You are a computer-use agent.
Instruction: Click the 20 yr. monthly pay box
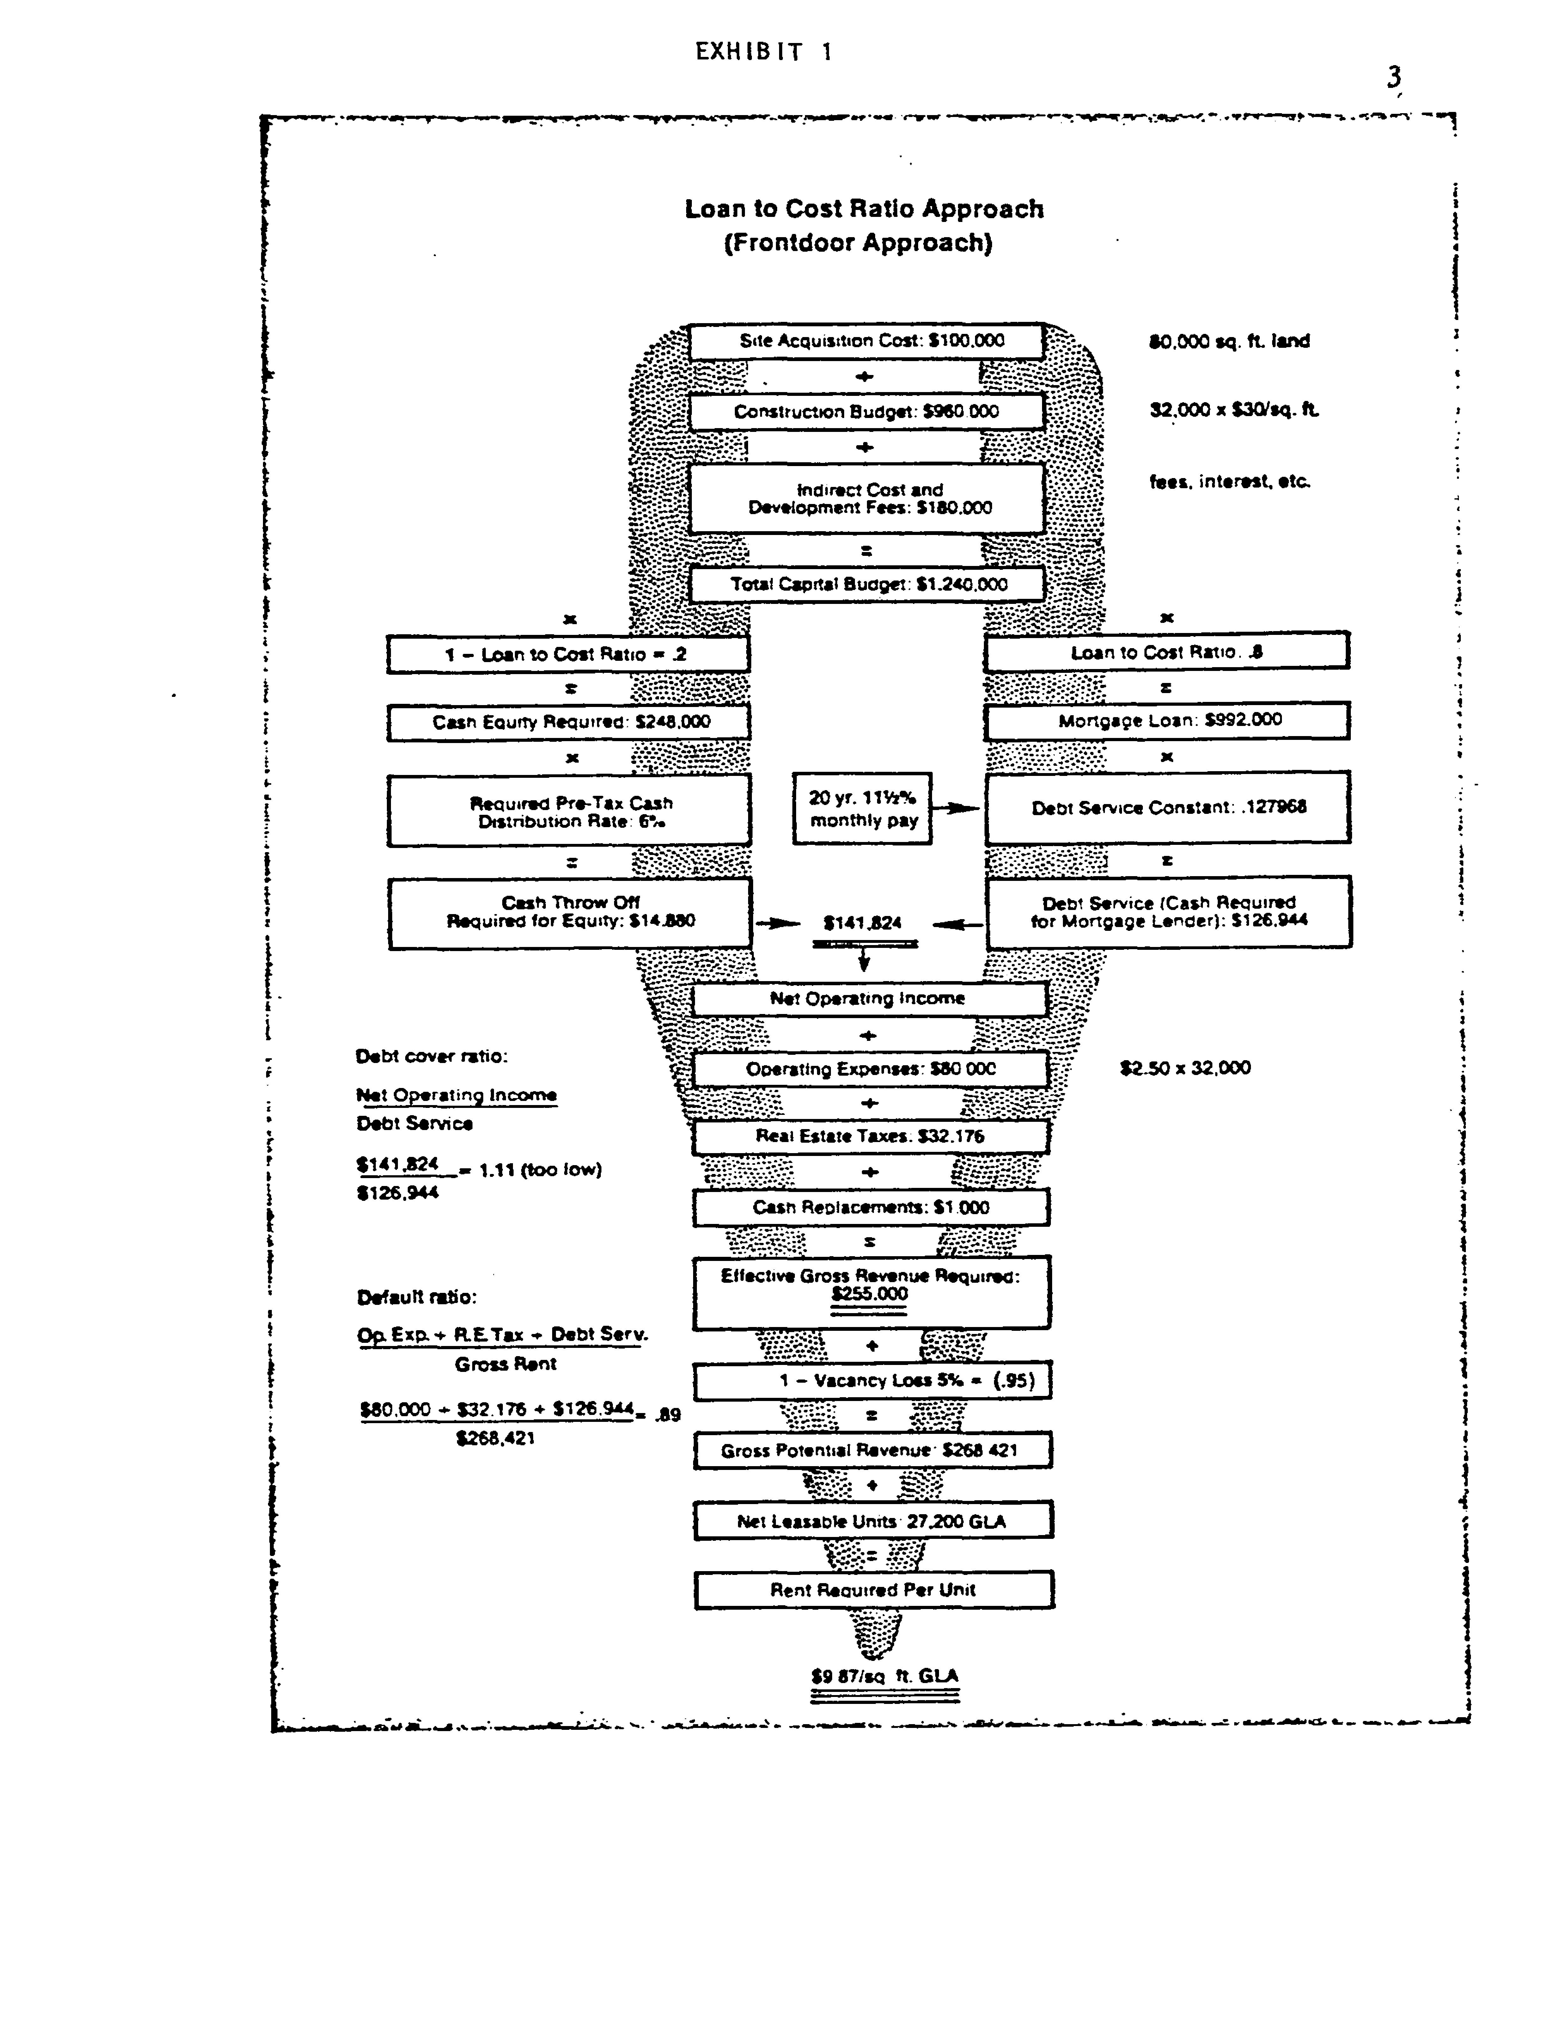[x=862, y=808]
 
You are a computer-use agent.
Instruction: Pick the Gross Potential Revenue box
[x=872, y=1450]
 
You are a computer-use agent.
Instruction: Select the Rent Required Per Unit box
[x=873, y=1590]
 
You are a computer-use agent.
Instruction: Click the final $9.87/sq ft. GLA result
[x=884, y=1676]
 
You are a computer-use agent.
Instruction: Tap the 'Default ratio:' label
[x=417, y=1297]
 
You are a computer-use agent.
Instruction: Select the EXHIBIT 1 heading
[x=764, y=52]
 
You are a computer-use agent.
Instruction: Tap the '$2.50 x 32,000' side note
[x=1185, y=1068]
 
